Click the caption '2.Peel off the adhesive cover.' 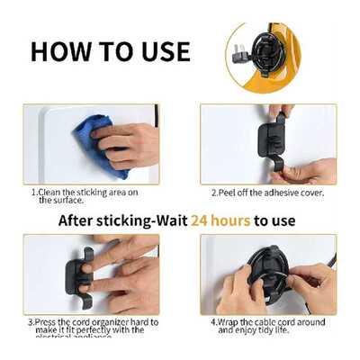266,193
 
